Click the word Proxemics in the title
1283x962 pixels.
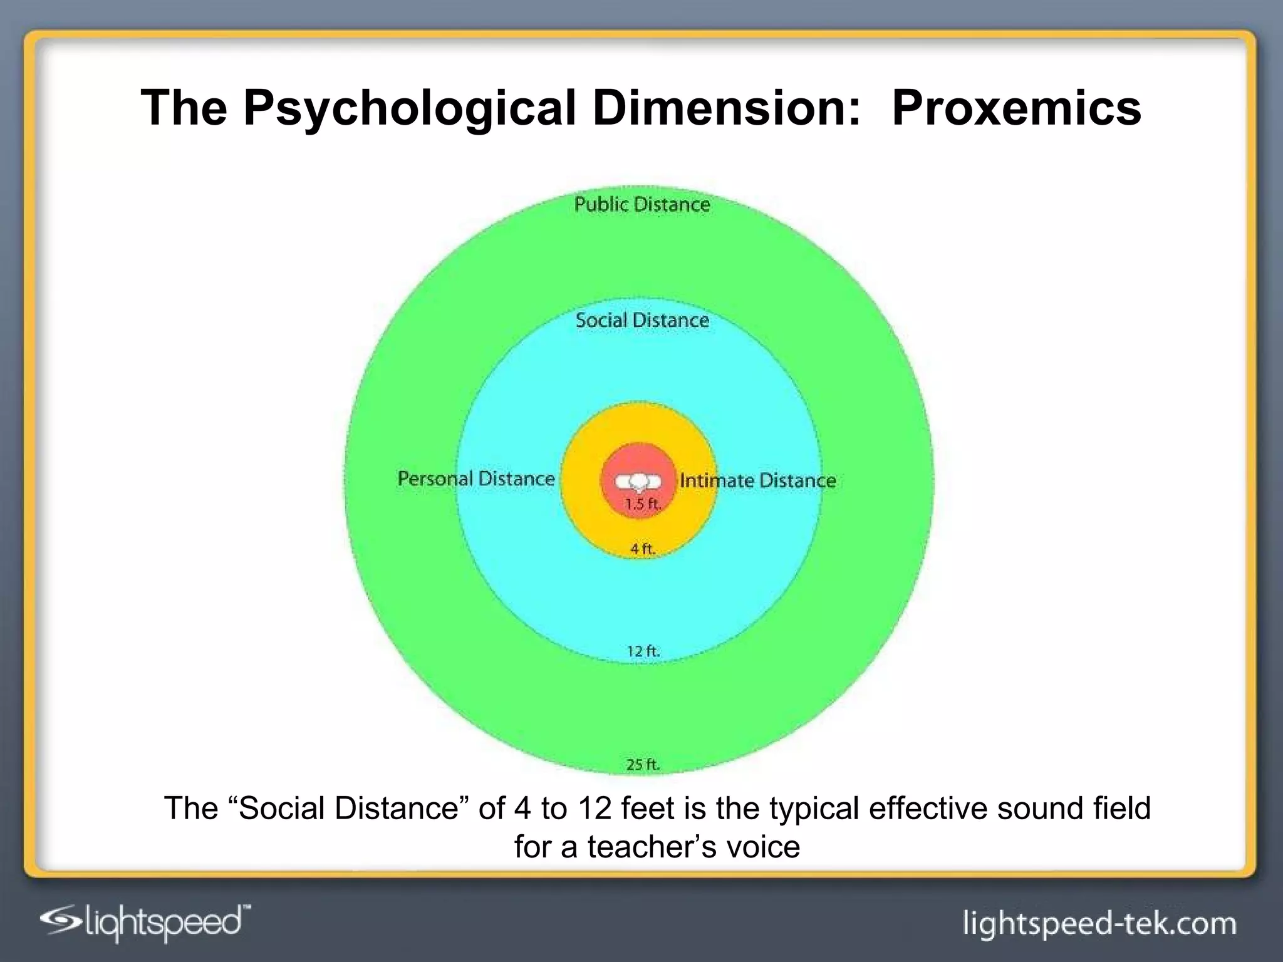[x=1016, y=108]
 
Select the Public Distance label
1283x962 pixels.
[x=642, y=205]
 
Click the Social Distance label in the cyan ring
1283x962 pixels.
[x=642, y=321]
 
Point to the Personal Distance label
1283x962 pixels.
[x=476, y=479]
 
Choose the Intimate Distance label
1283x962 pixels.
[x=757, y=481]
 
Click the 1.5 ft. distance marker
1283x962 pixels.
[x=643, y=504]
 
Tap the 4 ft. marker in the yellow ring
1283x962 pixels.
[x=643, y=549]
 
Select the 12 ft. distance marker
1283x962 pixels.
[x=643, y=651]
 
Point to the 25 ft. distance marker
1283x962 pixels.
[x=643, y=765]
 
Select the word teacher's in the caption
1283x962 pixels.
[x=652, y=847]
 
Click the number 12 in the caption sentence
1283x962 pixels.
[x=595, y=809]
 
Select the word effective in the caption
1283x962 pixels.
[x=928, y=809]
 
